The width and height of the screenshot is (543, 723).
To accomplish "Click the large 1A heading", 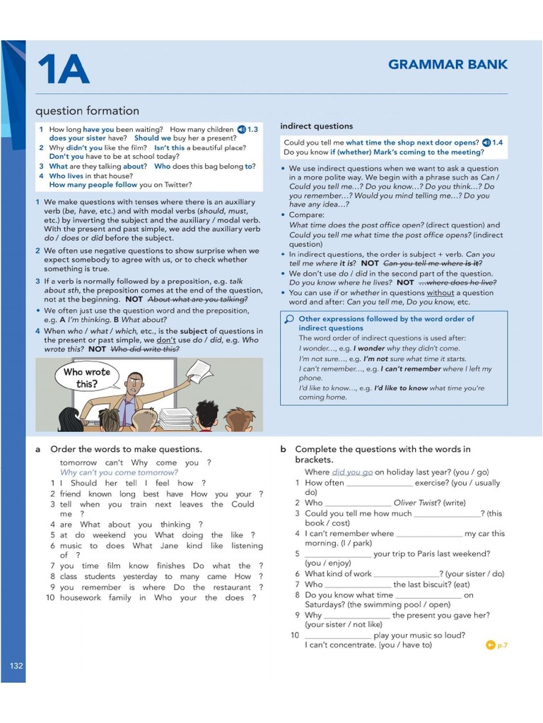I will point(64,69).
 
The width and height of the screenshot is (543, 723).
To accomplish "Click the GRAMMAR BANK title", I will point(448,65).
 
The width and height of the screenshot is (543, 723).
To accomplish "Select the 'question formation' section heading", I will point(87,111).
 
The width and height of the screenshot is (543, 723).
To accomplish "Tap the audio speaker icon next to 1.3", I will point(241,129).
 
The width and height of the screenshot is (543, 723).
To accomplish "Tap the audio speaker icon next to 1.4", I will point(486,143).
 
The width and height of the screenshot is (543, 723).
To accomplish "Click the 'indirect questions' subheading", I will point(316,126).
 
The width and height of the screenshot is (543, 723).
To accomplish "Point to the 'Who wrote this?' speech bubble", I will point(86,378).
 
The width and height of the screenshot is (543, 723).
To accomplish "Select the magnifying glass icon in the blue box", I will point(288,319).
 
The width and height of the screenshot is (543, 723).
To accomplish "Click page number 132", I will point(16,666).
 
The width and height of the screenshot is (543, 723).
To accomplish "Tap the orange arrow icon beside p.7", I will point(490,645).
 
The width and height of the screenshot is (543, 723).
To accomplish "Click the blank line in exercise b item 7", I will point(357,585).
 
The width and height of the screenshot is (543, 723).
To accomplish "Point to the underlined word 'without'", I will point(440,293).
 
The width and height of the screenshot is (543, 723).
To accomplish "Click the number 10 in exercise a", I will point(50,597).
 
